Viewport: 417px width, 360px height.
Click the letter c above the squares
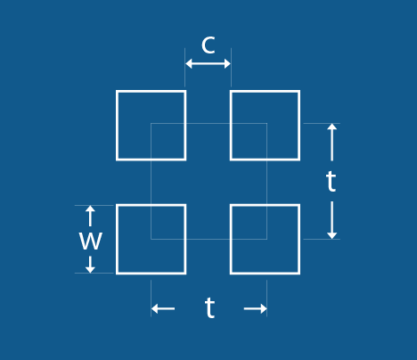[208, 45]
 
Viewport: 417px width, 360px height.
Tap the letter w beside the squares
[91, 241]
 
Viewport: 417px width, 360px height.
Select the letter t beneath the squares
[209, 307]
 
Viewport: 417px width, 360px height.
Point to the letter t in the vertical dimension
[331, 181]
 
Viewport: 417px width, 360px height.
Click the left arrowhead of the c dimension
[189, 63]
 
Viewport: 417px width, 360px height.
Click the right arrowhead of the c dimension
[227, 63]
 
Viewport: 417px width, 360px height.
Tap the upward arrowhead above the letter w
[90, 209]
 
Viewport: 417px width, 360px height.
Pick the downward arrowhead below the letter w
[90, 270]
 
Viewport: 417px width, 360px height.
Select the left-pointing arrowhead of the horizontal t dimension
[154, 308]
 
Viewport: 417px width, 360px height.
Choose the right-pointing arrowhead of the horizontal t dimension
[264, 308]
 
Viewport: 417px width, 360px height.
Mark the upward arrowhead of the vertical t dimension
[331, 127]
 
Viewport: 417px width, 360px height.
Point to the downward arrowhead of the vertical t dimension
[331, 235]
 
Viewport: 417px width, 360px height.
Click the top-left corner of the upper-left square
[117, 91]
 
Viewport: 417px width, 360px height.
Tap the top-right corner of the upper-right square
[299, 91]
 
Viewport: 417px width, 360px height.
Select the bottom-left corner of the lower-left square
[117, 274]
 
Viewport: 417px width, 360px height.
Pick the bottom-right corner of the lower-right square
[299, 274]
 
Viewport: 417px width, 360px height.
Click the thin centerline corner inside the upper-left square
[151, 123]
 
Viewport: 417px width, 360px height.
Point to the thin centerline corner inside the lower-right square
[266, 239]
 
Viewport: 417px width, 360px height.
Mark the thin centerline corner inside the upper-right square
[266, 123]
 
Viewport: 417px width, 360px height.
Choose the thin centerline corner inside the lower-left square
[151, 239]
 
